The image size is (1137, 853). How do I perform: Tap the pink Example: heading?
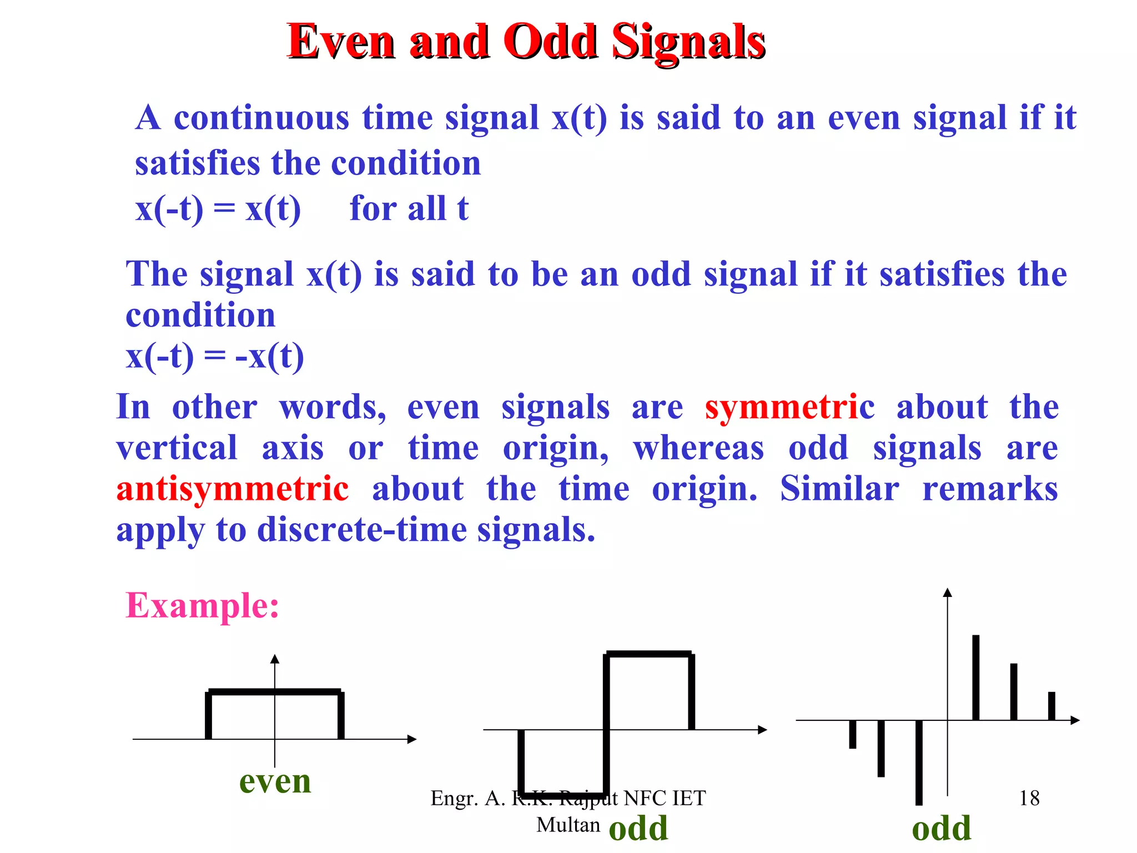(x=202, y=605)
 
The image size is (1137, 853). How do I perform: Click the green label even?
(x=275, y=781)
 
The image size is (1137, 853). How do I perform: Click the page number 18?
(x=1029, y=798)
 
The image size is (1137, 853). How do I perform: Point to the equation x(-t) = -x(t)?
(x=215, y=357)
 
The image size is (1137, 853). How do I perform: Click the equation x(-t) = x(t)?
(x=218, y=209)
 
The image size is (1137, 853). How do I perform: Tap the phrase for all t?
(x=409, y=209)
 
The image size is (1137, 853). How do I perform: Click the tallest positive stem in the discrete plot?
(x=975, y=678)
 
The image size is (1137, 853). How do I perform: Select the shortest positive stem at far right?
(x=1051, y=706)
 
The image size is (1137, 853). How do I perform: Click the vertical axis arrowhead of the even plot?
(x=275, y=659)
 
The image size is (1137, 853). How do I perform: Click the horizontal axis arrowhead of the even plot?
(x=412, y=739)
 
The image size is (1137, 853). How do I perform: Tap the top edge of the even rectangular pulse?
(x=275, y=692)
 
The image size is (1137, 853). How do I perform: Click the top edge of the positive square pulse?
(x=648, y=654)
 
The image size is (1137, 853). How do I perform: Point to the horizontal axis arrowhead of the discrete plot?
(x=1075, y=720)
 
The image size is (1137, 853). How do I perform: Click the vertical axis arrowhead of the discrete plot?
(x=948, y=593)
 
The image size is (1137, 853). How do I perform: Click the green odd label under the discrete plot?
(x=941, y=829)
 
